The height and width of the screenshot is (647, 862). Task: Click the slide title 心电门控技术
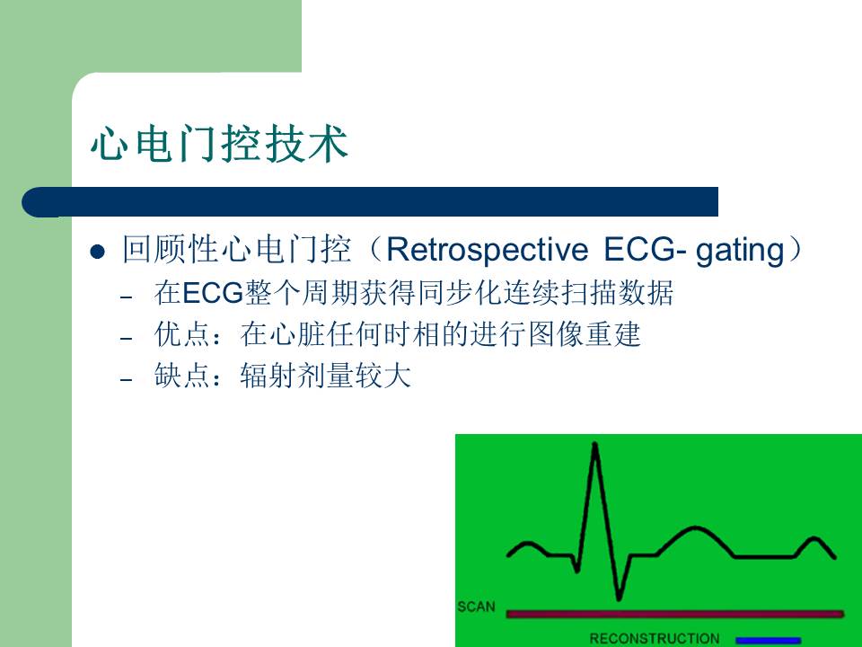click(x=218, y=144)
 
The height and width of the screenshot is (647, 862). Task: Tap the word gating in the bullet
click(x=742, y=251)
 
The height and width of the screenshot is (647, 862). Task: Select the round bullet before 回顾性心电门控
click(x=99, y=252)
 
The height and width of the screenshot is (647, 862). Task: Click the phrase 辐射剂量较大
click(x=325, y=377)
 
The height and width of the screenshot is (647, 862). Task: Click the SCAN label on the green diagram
click(x=476, y=607)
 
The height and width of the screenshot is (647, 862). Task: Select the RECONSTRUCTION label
click(x=654, y=639)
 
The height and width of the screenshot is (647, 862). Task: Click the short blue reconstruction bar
click(x=768, y=640)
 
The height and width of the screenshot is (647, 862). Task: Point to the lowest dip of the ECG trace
click(x=618, y=596)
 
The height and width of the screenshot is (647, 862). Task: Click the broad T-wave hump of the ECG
click(x=698, y=530)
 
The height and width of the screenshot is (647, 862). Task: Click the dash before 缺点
click(x=127, y=379)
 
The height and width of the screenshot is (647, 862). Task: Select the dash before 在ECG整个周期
click(x=127, y=297)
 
